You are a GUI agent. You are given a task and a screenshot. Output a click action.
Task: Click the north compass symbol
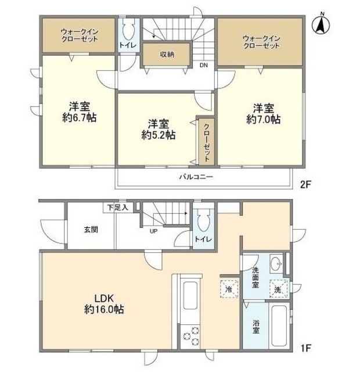point(319,24)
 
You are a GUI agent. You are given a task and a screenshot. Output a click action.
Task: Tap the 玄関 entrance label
point(90,229)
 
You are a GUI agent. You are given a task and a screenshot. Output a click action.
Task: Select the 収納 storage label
point(167,54)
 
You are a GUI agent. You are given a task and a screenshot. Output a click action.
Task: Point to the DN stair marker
point(204,65)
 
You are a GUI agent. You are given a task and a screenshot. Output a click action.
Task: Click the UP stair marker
point(154,231)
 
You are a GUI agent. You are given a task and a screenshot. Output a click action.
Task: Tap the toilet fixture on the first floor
point(203,220)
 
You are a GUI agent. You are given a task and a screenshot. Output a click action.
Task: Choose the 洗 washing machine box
point(278,289)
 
